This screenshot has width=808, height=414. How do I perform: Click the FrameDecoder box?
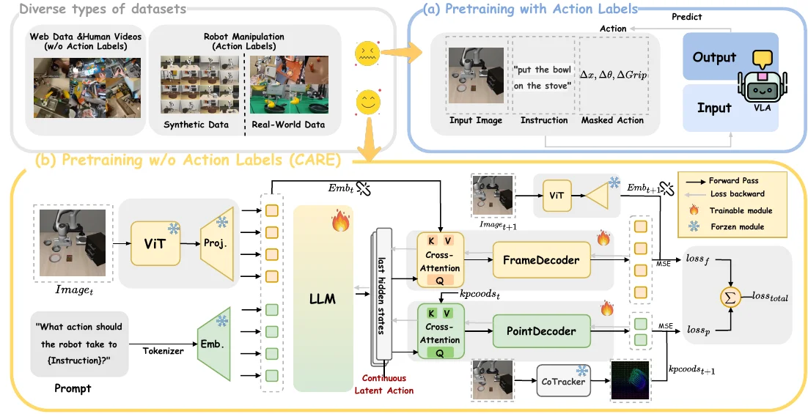click(x=541, y=259)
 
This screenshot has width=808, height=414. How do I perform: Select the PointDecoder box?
click(x=541, y=331)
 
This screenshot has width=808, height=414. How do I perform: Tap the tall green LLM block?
click(x=323, y=298)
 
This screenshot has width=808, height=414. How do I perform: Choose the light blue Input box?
click(x=714, y=108)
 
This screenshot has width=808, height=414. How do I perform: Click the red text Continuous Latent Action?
click(x=384, y=385)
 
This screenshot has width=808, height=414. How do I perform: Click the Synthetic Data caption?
click(x=196, y=125)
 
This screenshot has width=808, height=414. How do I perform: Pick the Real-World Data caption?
click(x=288, y=125)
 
